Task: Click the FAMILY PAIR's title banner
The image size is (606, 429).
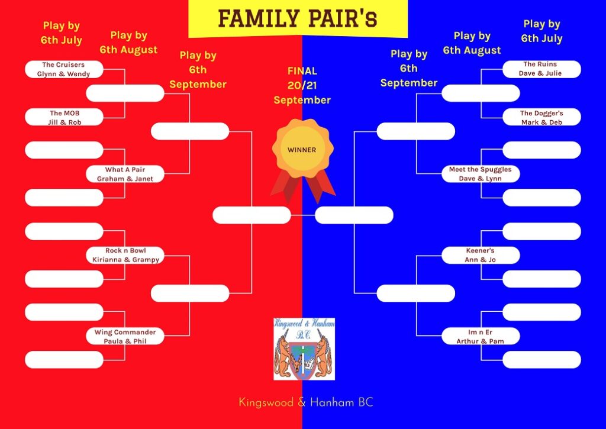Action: pyautogui.click(x=298, y=18)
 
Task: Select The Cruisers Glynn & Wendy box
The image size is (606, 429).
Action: pyautogui.click(x=64, y=69)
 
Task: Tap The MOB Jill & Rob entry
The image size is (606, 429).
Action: pyautogui.click(x=64, y=118)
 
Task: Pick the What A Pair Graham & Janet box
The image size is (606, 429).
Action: pyautogui.click(x=125, y=174)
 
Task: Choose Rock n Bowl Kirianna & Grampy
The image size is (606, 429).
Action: pyautogui.click(x=125, y=255)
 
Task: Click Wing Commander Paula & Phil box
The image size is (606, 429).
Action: pyautogui.click(x=125, y=336)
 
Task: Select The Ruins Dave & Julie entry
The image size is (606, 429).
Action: pyautogui.click(x=541, y=69)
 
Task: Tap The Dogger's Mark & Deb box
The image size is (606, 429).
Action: pyautogui.click(x=541, y=118)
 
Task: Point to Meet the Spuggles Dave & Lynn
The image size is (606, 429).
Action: pyautogui.click(x=481, y=174)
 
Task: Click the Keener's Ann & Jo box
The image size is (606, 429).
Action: pyautogui.click(x=481, y=255)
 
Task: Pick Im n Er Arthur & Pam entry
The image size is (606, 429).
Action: pyautogui.click(x=481, y=336)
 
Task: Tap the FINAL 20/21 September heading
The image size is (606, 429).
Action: pyautogui.click(x=302, y=85)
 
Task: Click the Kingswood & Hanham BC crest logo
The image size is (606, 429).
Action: pyautogui.click(x=304, y=349)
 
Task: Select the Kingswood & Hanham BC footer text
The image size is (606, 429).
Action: pyautogui.click(x=306, y=402)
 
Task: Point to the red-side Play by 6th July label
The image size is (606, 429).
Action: pyautogui.click(x=62, y=33)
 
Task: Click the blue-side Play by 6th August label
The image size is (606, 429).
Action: pyautogui.click(x=472, y=43)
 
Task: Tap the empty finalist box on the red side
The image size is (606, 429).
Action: pyautogui.click(x=252, y=215)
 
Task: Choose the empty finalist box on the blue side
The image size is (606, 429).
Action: pyautogui.click(x=354, y=215)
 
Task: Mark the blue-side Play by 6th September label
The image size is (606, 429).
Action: pyautogui.click(x=409, y=69)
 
